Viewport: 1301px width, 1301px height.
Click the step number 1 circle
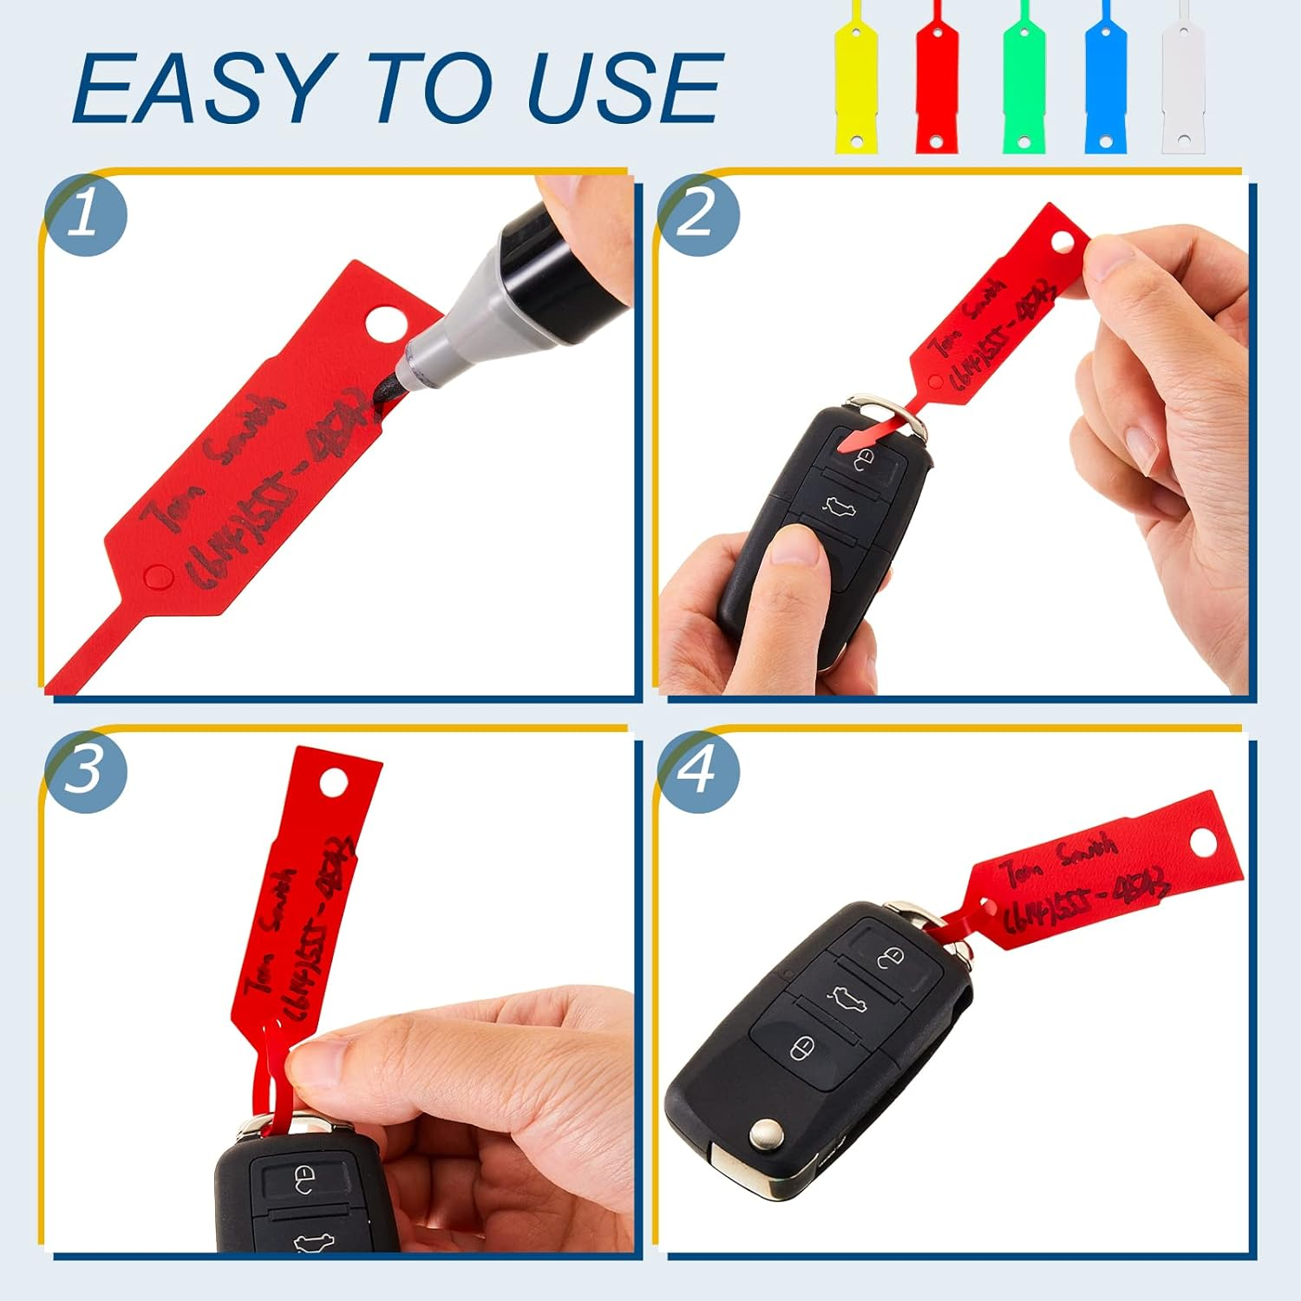(84, 214)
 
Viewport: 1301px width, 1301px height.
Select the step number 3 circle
(84, 770)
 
